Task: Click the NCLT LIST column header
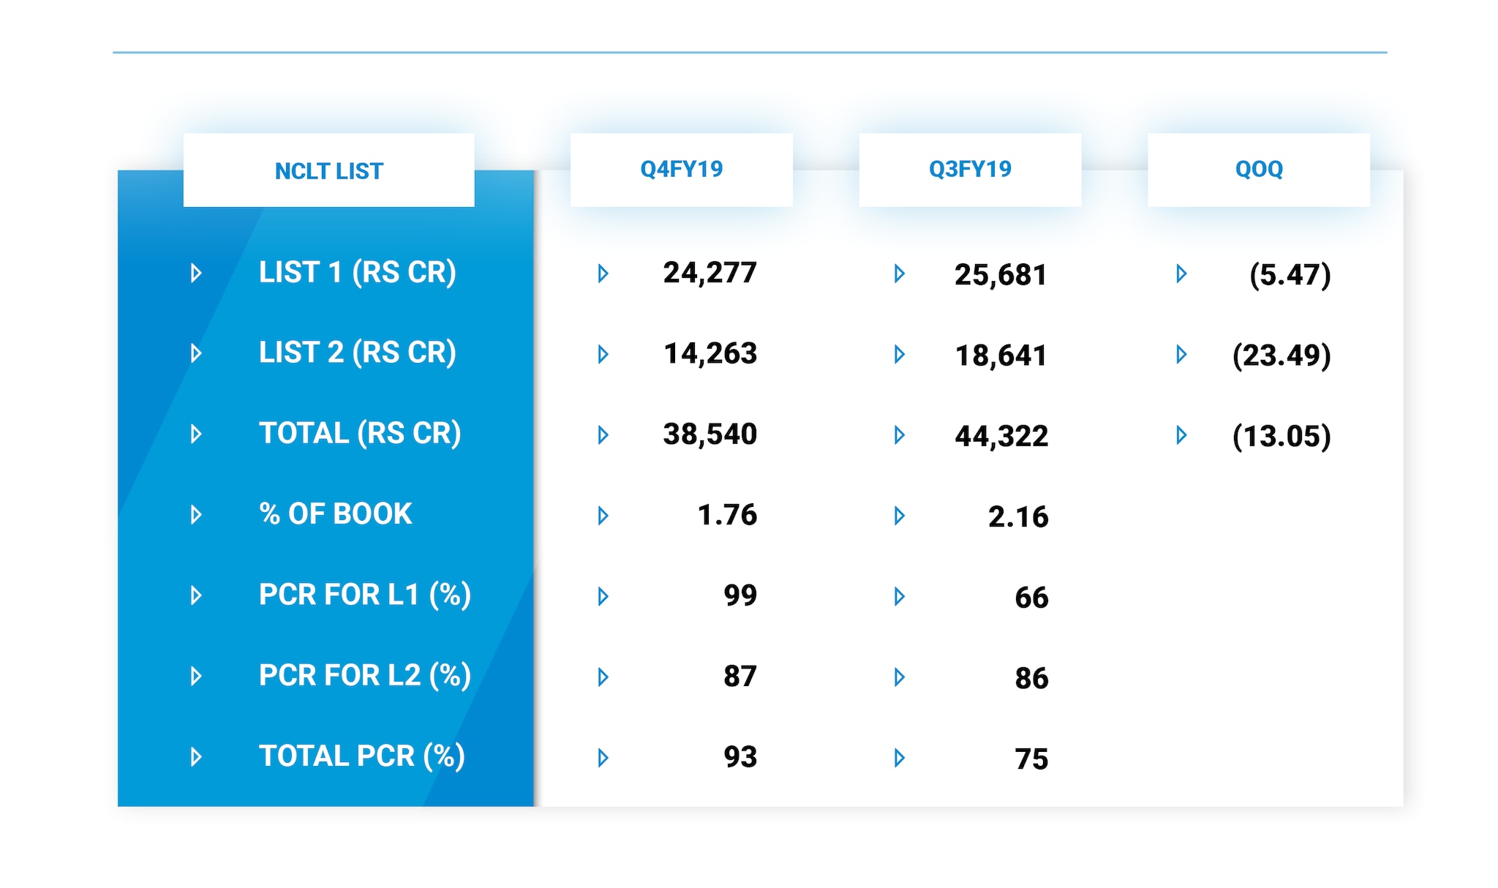328,171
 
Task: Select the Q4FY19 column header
681,169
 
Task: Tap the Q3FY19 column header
970,169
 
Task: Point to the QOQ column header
1258,169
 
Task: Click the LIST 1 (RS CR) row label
357,272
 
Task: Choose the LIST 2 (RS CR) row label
357,353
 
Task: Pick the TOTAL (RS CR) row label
360,433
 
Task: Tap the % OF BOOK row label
335,513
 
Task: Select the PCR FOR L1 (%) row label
364,595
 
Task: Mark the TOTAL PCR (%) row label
361,756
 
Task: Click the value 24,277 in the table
710,273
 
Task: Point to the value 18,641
1001,355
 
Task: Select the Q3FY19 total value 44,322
1001,436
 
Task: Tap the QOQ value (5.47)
1290,275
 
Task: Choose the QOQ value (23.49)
1281,355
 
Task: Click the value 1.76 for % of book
727,515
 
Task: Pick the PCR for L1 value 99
739,595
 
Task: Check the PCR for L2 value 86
1031,678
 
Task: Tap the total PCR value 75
1031,759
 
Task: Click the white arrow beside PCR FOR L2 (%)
196,676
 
